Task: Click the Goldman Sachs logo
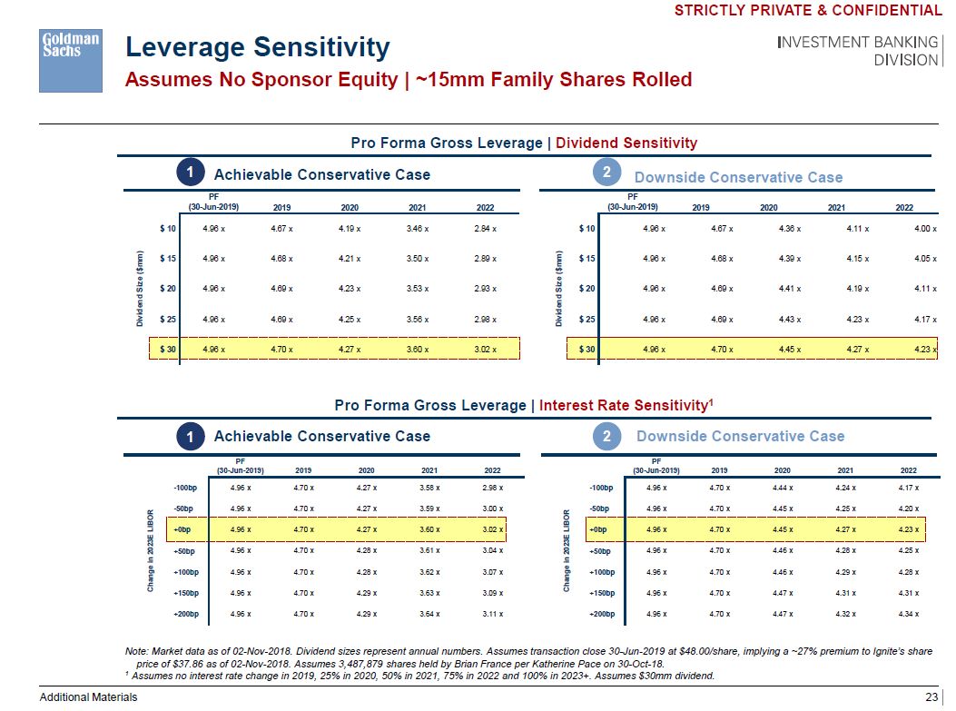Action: [70, 60]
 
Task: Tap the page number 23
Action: [931, 696]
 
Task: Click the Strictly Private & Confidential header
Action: [808, 11]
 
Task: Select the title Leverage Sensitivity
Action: [257, 47]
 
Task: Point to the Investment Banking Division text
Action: [858, 51]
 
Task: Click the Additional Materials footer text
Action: [88, 696]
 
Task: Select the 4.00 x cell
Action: [924, 229]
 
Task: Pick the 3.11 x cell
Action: [490, 615]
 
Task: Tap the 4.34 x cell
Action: [906, 615]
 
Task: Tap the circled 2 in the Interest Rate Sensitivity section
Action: [607, 437]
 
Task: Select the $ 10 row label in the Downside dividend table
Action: [587, 229]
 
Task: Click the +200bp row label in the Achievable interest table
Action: [189, 615]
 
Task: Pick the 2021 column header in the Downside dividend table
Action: [840, 208]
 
